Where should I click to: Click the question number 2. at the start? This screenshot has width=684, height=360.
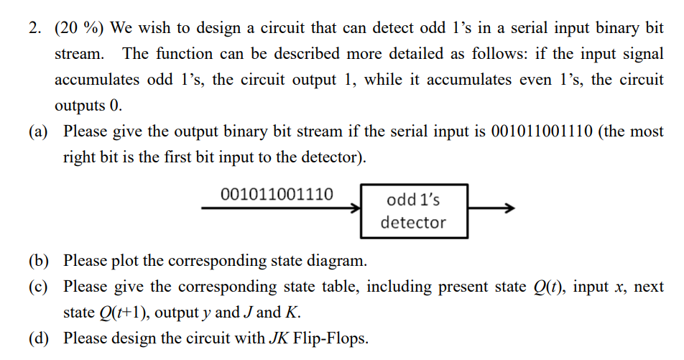pos(35,29)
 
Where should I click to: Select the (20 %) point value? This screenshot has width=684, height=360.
pos(80,29)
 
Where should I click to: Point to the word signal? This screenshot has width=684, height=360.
pos(642,54)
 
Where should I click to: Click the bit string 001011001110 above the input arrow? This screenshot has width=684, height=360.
pos(277,194)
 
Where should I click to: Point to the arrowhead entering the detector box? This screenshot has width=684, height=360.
pos(355,209)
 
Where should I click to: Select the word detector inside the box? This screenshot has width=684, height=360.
pos(413,223)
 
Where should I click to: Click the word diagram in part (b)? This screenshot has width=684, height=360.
pos(336,260)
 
